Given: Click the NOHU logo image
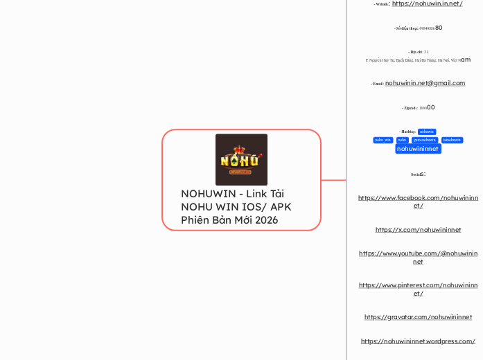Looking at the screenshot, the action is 241,160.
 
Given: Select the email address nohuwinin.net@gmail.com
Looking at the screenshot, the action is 425,83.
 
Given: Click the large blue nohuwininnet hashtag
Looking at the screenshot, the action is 418,149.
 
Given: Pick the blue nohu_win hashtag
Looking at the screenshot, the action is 383,140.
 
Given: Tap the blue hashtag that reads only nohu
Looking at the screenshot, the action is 403,140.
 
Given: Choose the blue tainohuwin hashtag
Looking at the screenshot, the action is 452,140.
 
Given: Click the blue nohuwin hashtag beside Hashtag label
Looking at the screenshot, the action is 427,131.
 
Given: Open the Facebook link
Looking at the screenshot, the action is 418,201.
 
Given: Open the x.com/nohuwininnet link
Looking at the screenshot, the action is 418,229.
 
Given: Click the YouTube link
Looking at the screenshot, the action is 418,258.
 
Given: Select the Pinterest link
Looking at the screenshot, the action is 418,289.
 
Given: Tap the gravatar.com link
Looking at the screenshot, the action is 418,317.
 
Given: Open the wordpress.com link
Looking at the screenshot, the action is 418,341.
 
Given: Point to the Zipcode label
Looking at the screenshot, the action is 411,109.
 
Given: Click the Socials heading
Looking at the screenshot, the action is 418,173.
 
